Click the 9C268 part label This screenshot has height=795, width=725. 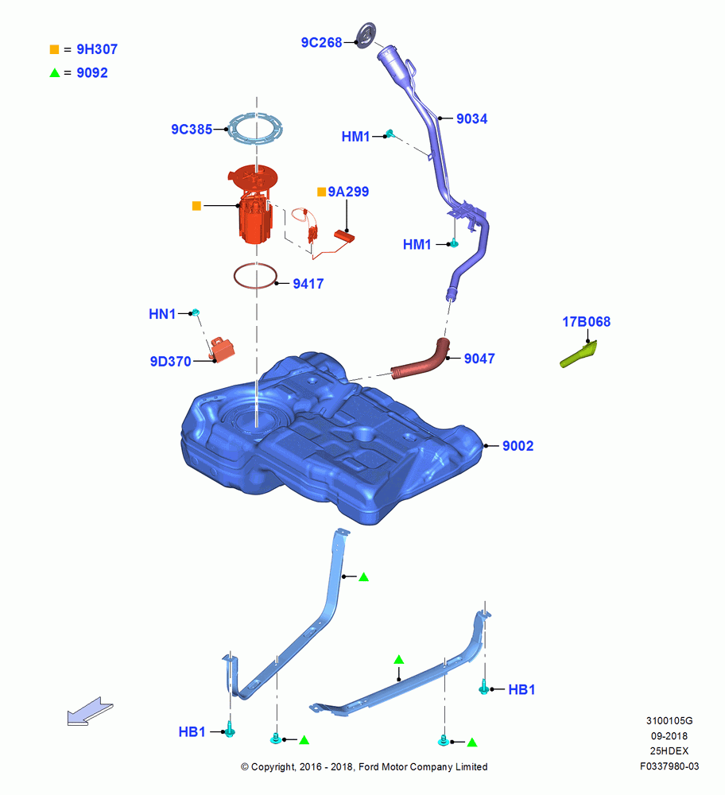point(321,43)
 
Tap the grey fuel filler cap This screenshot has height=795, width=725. point(366,35)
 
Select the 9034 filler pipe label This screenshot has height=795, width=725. point(471,118)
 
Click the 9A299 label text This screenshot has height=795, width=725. point(348,192)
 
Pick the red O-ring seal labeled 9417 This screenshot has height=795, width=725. point(235,277)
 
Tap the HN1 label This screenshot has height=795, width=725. point(161,314)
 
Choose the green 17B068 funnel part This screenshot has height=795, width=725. point(579,355)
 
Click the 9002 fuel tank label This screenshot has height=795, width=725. point(518,446)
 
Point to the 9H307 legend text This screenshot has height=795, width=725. point(97,49)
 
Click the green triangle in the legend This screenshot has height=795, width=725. point(55,73)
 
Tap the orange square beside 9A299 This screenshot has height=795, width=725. point(321,192)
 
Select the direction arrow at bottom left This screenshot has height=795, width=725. point(90,712)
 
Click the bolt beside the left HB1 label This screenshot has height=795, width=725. point(231,730)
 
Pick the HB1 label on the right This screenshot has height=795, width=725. point(521,689)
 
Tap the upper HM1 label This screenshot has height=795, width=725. point(355,137)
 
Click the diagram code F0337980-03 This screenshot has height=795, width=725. point(669,766)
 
